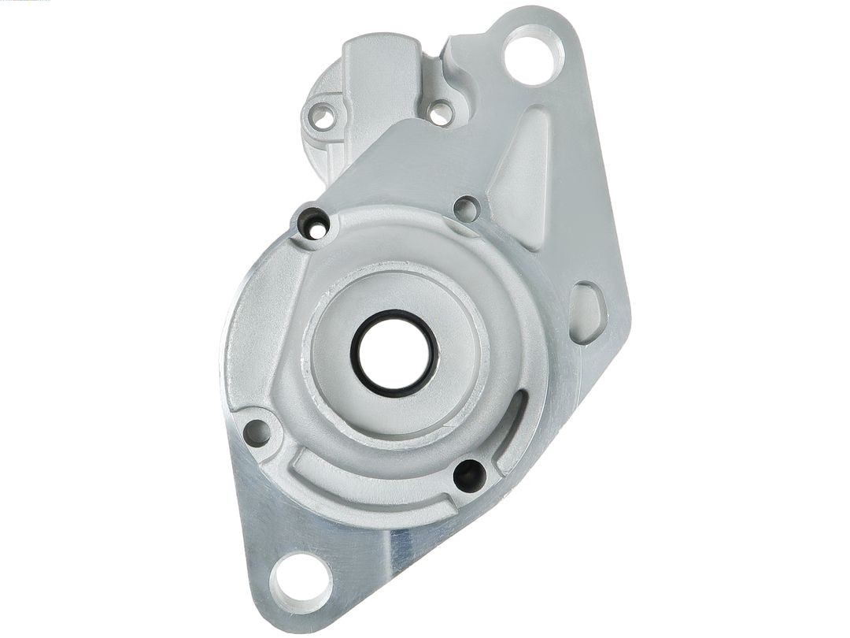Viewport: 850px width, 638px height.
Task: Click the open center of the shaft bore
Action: tap(394, 352)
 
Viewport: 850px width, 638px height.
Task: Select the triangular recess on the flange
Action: tap(522, 177)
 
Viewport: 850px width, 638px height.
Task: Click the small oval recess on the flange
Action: tap(587, 313)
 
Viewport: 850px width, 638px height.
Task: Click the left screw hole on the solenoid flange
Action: tap(322, 117)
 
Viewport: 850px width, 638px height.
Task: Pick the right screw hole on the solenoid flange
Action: tap(441, 113)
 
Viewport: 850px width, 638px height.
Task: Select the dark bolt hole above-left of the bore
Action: tap(315, 224)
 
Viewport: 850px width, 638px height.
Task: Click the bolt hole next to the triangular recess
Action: tap(467, 209)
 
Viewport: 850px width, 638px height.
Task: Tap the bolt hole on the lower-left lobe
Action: tap(256, 432)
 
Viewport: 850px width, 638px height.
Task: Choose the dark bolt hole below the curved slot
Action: tap(469, 475)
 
